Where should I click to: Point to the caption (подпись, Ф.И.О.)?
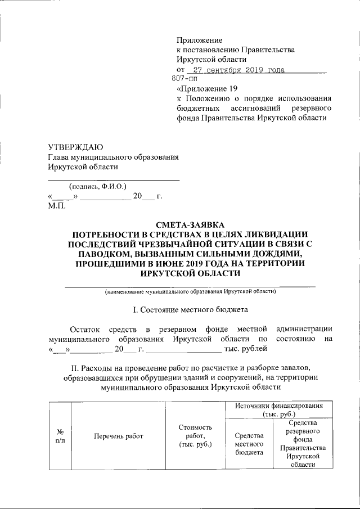coord(97,186)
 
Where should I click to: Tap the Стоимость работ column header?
coord(194,436)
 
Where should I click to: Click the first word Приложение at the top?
coord(199,40)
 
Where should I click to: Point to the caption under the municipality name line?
coord(191,292)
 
